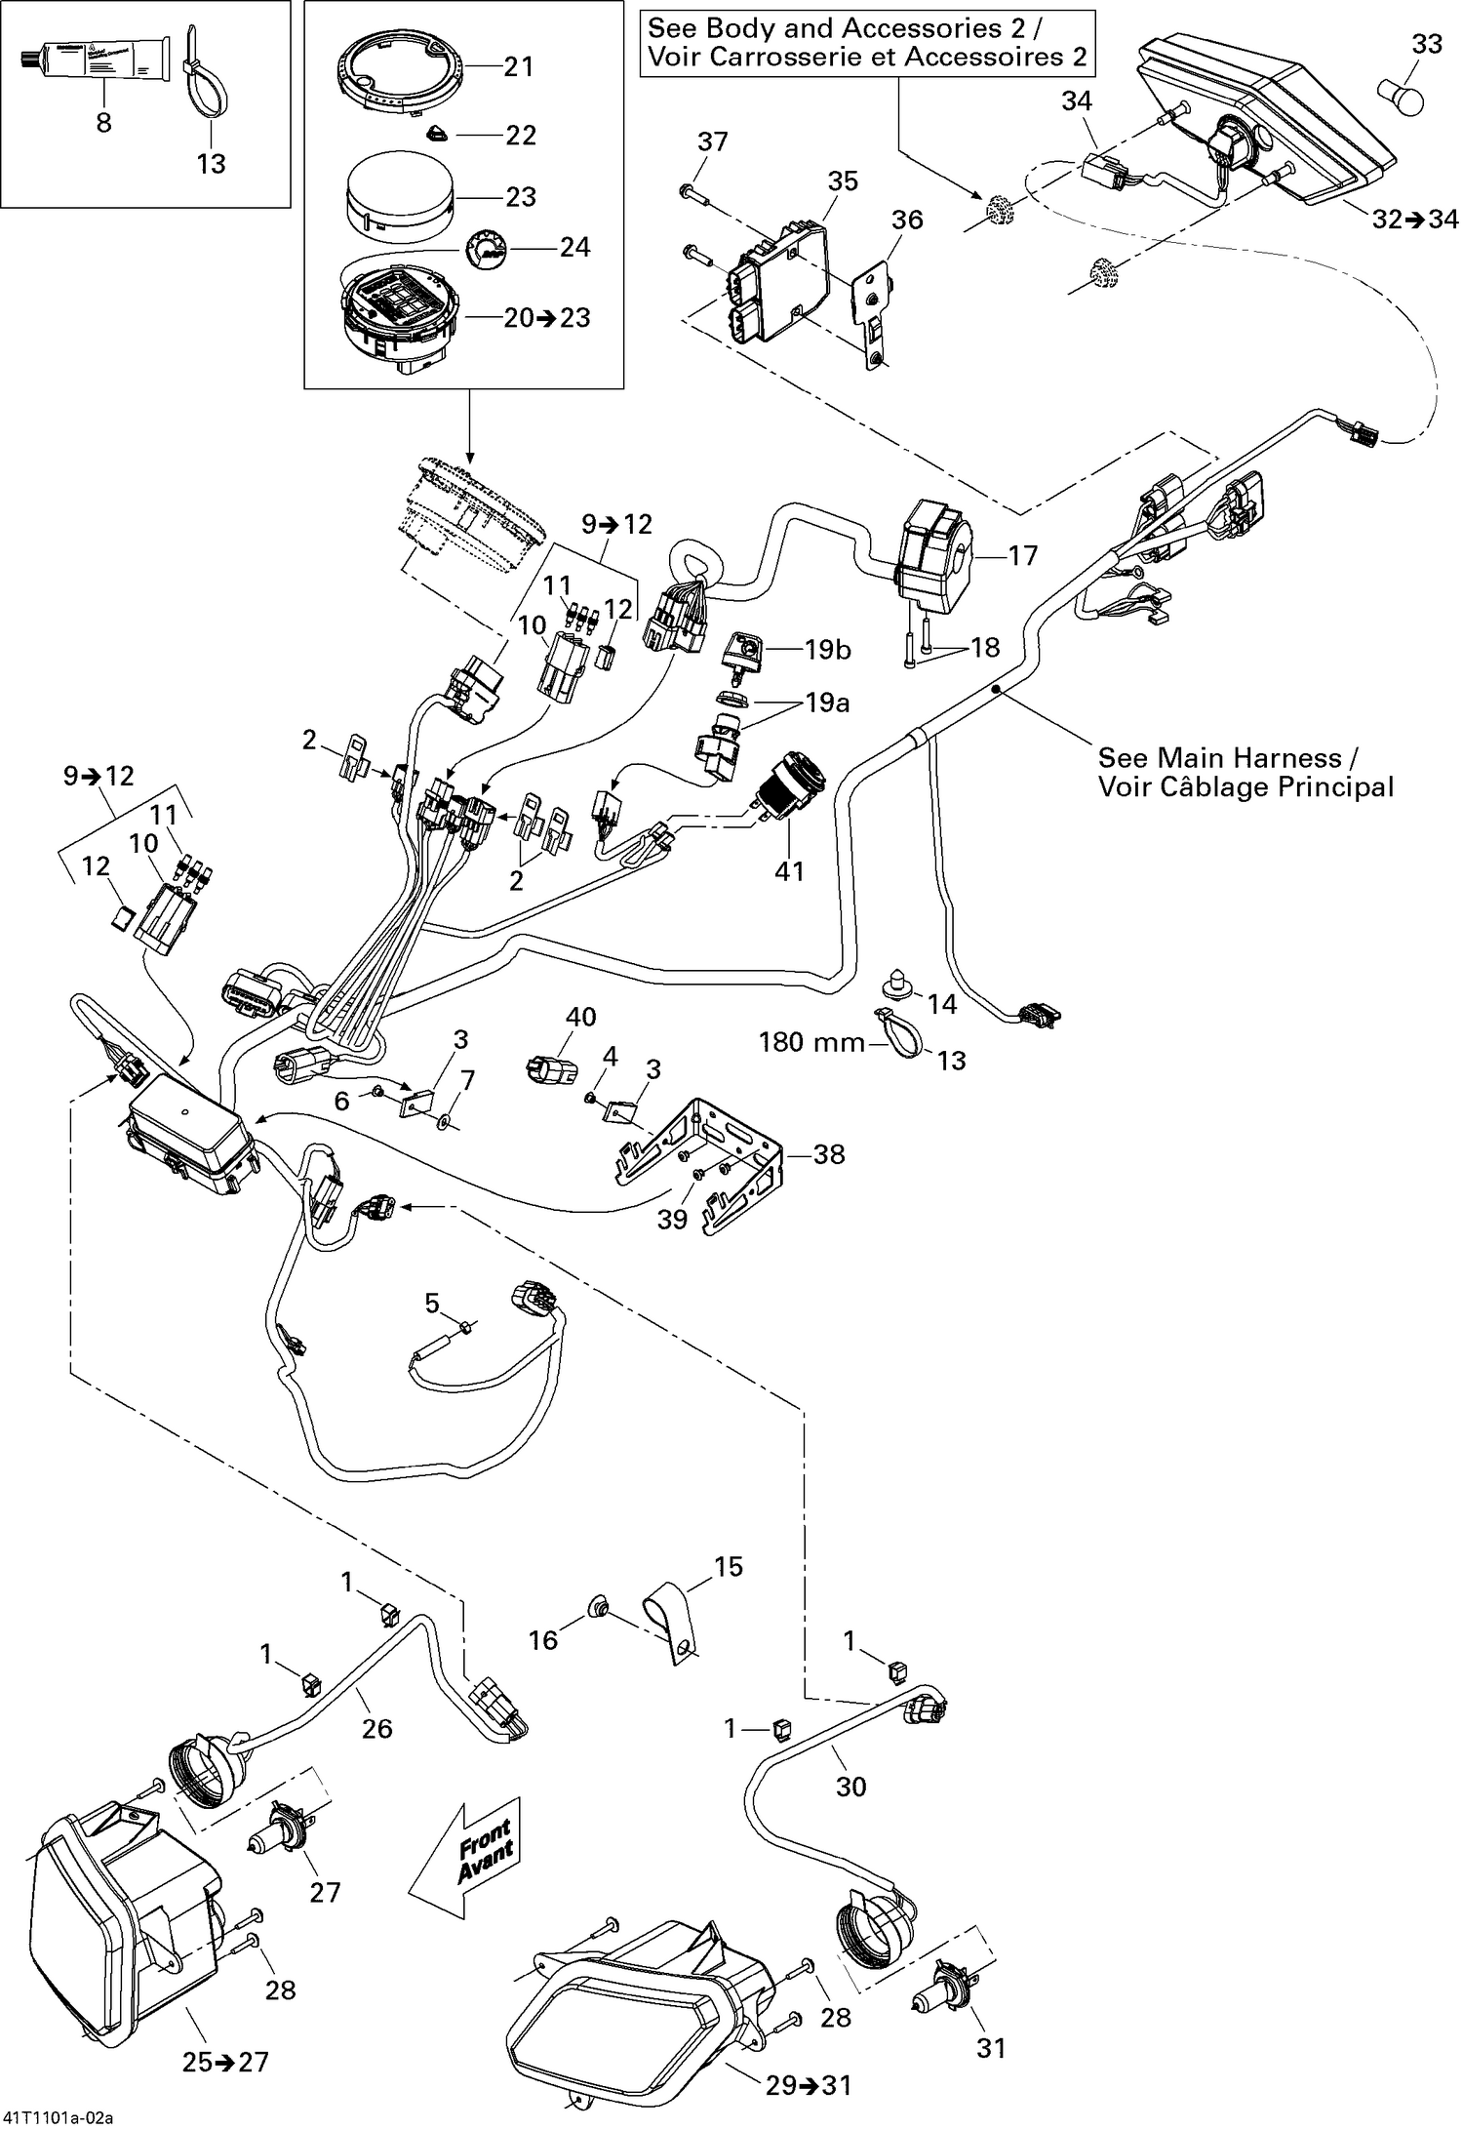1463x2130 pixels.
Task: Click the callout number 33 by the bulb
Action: coord(1426,45)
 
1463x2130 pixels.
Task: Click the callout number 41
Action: coord(789,869)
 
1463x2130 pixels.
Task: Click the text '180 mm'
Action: coord(811,1043)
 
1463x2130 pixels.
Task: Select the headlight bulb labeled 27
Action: coord(284,1834)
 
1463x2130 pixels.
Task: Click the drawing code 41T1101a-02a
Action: coord(59,2117)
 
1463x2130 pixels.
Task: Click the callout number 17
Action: coord(1023,556)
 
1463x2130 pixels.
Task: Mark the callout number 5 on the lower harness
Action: coord(432,1303)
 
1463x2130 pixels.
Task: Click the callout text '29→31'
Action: coord(808,2085)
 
